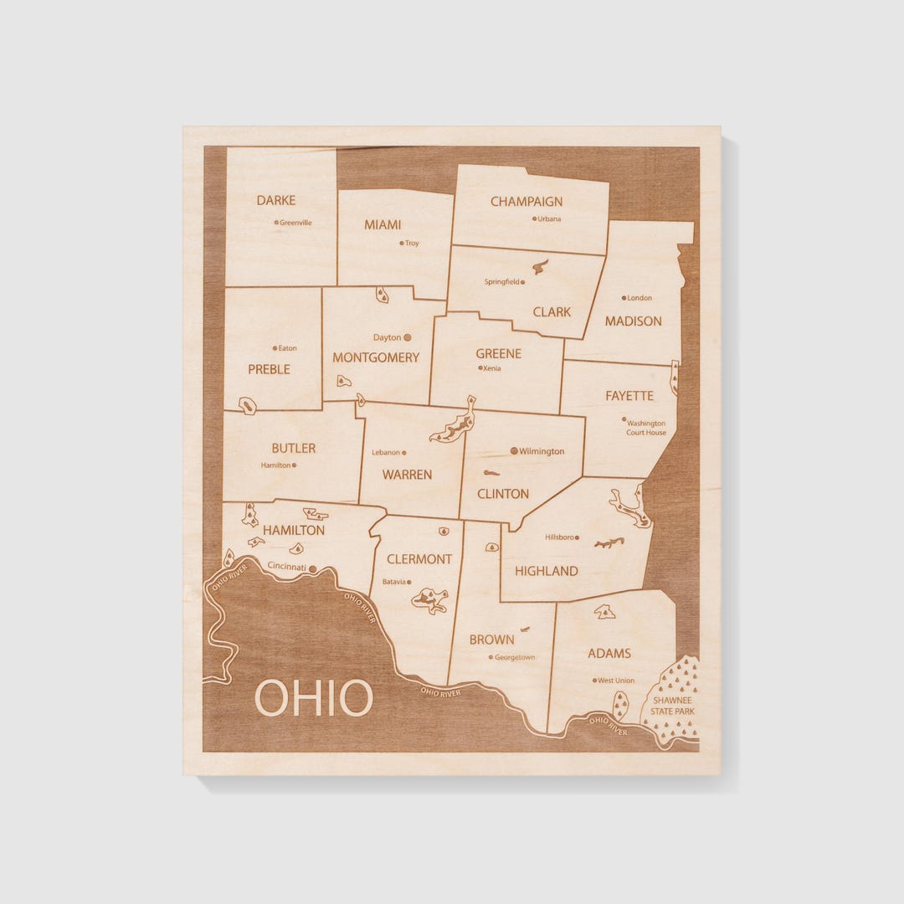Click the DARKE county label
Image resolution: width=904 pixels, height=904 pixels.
pos(275,200)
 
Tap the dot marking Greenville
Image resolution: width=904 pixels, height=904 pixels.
pos(276,223)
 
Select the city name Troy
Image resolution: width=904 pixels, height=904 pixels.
pos(412,244)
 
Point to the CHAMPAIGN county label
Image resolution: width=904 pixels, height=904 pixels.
pos(526,202)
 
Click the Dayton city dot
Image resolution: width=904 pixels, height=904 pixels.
pos(408,337)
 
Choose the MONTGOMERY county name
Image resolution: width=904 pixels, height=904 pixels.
pos(376,357)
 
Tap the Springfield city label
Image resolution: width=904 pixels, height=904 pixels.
pos(501,282)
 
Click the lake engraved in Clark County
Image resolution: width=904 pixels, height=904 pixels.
pos(540,267)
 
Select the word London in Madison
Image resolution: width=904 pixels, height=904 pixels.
pos(639,298)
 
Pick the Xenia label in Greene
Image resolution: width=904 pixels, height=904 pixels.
pos(492,367)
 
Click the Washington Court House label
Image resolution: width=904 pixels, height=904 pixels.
pos(646,428)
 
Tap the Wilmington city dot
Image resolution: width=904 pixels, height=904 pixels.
pos(514,450)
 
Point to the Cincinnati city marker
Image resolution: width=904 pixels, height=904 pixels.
pos(313,568)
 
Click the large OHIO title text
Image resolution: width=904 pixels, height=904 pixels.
pos(313,698)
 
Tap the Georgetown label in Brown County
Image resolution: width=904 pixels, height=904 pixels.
pos(515,657)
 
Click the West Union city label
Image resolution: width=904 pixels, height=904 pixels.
pos(616,681)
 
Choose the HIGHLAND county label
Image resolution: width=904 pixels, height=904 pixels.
pos(546,571)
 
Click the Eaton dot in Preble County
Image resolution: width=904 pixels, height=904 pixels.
pos(275,348)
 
